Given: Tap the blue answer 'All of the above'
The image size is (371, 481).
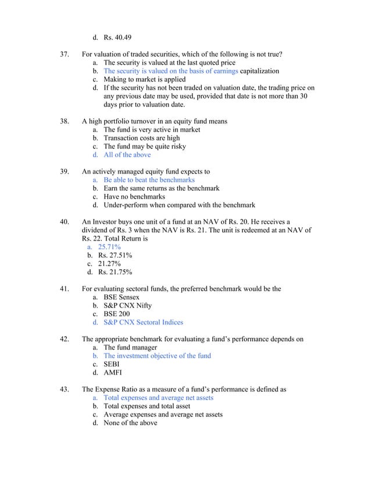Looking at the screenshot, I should [x=127, y=155].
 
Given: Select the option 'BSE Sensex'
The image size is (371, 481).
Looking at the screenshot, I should [x=122, y=297].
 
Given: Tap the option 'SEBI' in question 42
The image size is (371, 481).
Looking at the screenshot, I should [x=113, y=364].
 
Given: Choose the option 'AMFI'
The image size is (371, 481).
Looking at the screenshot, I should [x=113, y=373].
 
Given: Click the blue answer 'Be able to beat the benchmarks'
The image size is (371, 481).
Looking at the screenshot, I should [x=149, y=180].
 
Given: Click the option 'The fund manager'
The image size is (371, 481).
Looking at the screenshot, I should [x=130, y=347].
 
